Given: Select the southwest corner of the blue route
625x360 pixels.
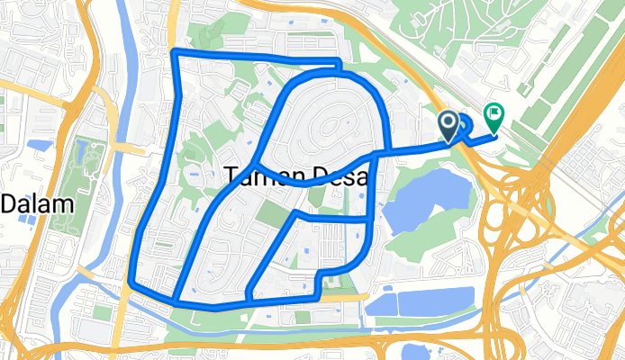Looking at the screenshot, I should (x=131, y=283).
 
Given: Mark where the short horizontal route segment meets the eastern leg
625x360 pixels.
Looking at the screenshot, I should (x=369, y=218).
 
